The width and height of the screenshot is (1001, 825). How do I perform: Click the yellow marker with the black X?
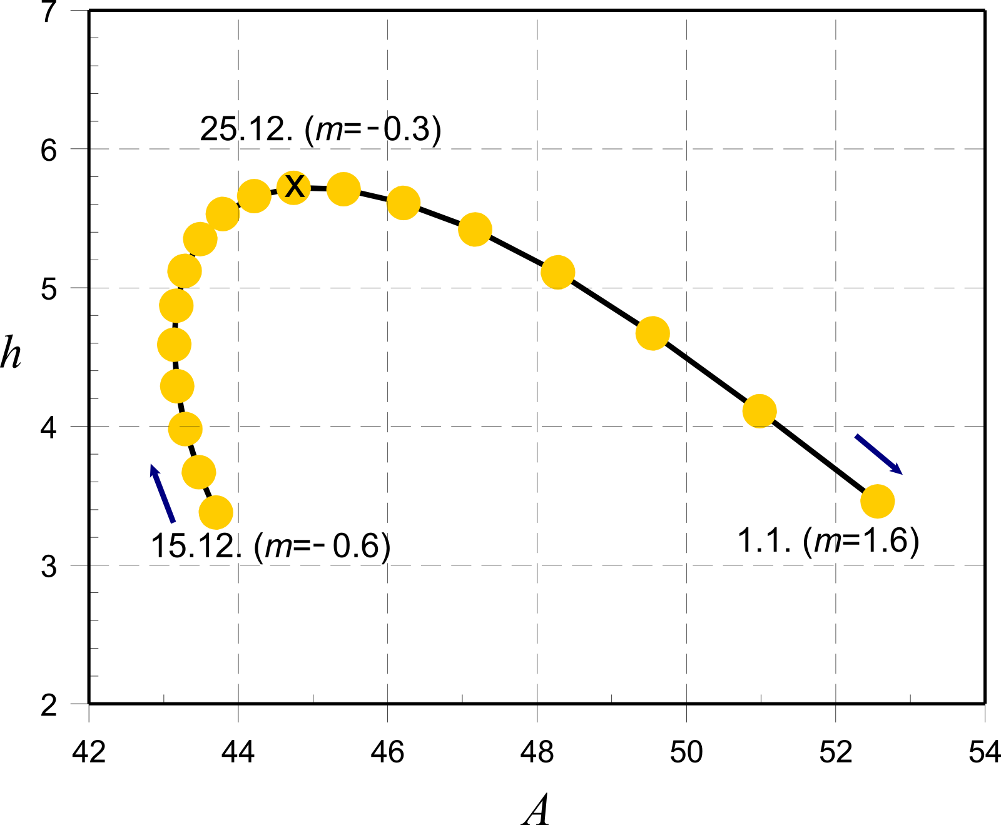pos(294,186)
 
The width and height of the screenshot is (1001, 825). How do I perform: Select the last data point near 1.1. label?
pos(877,501)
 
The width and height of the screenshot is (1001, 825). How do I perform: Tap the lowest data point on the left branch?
pos(216,513)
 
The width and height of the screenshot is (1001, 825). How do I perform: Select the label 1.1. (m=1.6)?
pos(828,540)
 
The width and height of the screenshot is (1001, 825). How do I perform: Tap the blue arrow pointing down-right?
pos(878,454)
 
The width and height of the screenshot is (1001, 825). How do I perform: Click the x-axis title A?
pos(536,811)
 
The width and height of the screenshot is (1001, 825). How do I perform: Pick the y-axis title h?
pos(11,353)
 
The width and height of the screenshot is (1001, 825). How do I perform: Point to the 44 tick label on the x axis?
pos(238,752)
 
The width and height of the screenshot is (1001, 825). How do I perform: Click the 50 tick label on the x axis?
pos(686,752)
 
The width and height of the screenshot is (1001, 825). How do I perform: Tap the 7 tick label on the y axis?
pos(49,13)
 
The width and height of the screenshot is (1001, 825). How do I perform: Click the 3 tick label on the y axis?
pos(49,566)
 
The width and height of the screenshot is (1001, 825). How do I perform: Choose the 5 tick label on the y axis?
pos(49,289)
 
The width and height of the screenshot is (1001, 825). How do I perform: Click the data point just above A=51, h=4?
pos(760,411)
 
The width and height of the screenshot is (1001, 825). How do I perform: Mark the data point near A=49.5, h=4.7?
pos(653,333)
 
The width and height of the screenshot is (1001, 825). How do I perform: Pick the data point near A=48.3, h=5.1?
pos(557,272)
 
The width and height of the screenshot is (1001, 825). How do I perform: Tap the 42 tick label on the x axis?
pos(89,752)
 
